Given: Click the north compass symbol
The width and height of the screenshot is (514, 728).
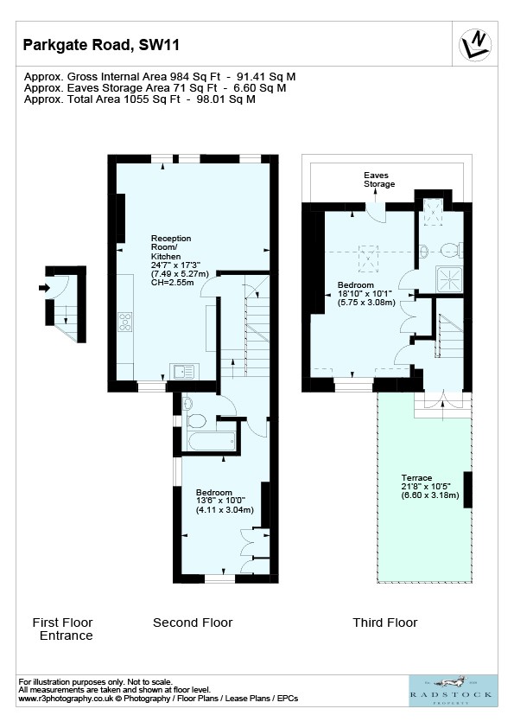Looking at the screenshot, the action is click(x=475, y=45).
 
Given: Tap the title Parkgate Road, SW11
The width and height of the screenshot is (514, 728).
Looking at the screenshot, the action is click(x=101, y=45).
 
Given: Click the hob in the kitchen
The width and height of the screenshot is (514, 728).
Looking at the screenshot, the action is click(x=125, y=322).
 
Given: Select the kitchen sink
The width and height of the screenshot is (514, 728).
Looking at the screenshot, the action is click(x=184, y=371).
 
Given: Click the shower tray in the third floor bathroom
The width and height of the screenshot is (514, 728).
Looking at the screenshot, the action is click(x=449, y=279).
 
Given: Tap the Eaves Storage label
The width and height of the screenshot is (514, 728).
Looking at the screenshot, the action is click(x=379, y=180).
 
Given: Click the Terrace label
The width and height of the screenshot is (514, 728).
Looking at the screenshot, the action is click(x=416, y=478).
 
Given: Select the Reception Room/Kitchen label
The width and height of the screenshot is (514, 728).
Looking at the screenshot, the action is click(x=171, y=247).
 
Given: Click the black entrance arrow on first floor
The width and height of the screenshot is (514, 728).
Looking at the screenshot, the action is click(x=44, y=288).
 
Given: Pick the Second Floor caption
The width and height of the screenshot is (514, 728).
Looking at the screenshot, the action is click(x=193, y=623).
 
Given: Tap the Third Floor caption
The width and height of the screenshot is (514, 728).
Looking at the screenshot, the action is click(x=385, y=623).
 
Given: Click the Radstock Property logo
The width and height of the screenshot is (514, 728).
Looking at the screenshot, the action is click(x=450, y=691).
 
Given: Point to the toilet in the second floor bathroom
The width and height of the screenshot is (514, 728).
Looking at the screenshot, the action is click(x=197, y=421).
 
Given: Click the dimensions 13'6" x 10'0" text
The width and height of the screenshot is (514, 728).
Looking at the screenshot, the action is click(x=220, y=501).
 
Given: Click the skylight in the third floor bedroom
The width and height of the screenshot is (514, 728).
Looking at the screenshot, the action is click(x=368, y=259).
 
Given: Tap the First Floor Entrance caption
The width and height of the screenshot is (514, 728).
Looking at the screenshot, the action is click(x=63, y=629).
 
